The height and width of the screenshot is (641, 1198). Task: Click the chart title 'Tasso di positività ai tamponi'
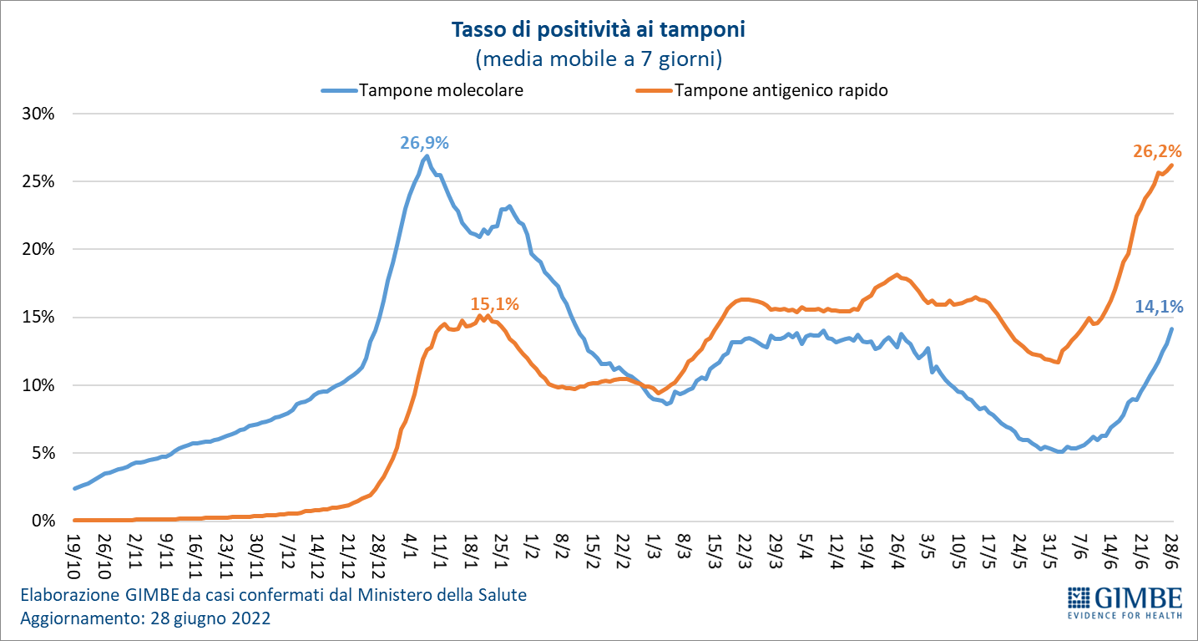point(598,31)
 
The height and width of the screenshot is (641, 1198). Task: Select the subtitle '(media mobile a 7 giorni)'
point(598,59)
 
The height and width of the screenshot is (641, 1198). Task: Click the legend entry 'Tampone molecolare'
point(441,90)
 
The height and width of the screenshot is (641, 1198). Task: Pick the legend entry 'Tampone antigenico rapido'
point(781,90)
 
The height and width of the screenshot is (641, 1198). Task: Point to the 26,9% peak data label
point(424,143)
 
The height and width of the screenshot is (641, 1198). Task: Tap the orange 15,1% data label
point(494,304)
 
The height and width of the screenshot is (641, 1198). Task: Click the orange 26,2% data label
point(1157,151)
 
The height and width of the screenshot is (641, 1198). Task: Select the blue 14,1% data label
point(1159,307)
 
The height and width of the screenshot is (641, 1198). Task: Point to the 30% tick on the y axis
point(38,114)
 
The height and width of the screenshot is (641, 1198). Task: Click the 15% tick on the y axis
point(38,318)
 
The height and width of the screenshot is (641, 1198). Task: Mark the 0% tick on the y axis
point(42,521)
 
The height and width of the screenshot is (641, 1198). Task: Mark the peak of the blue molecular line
point(427,155)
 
